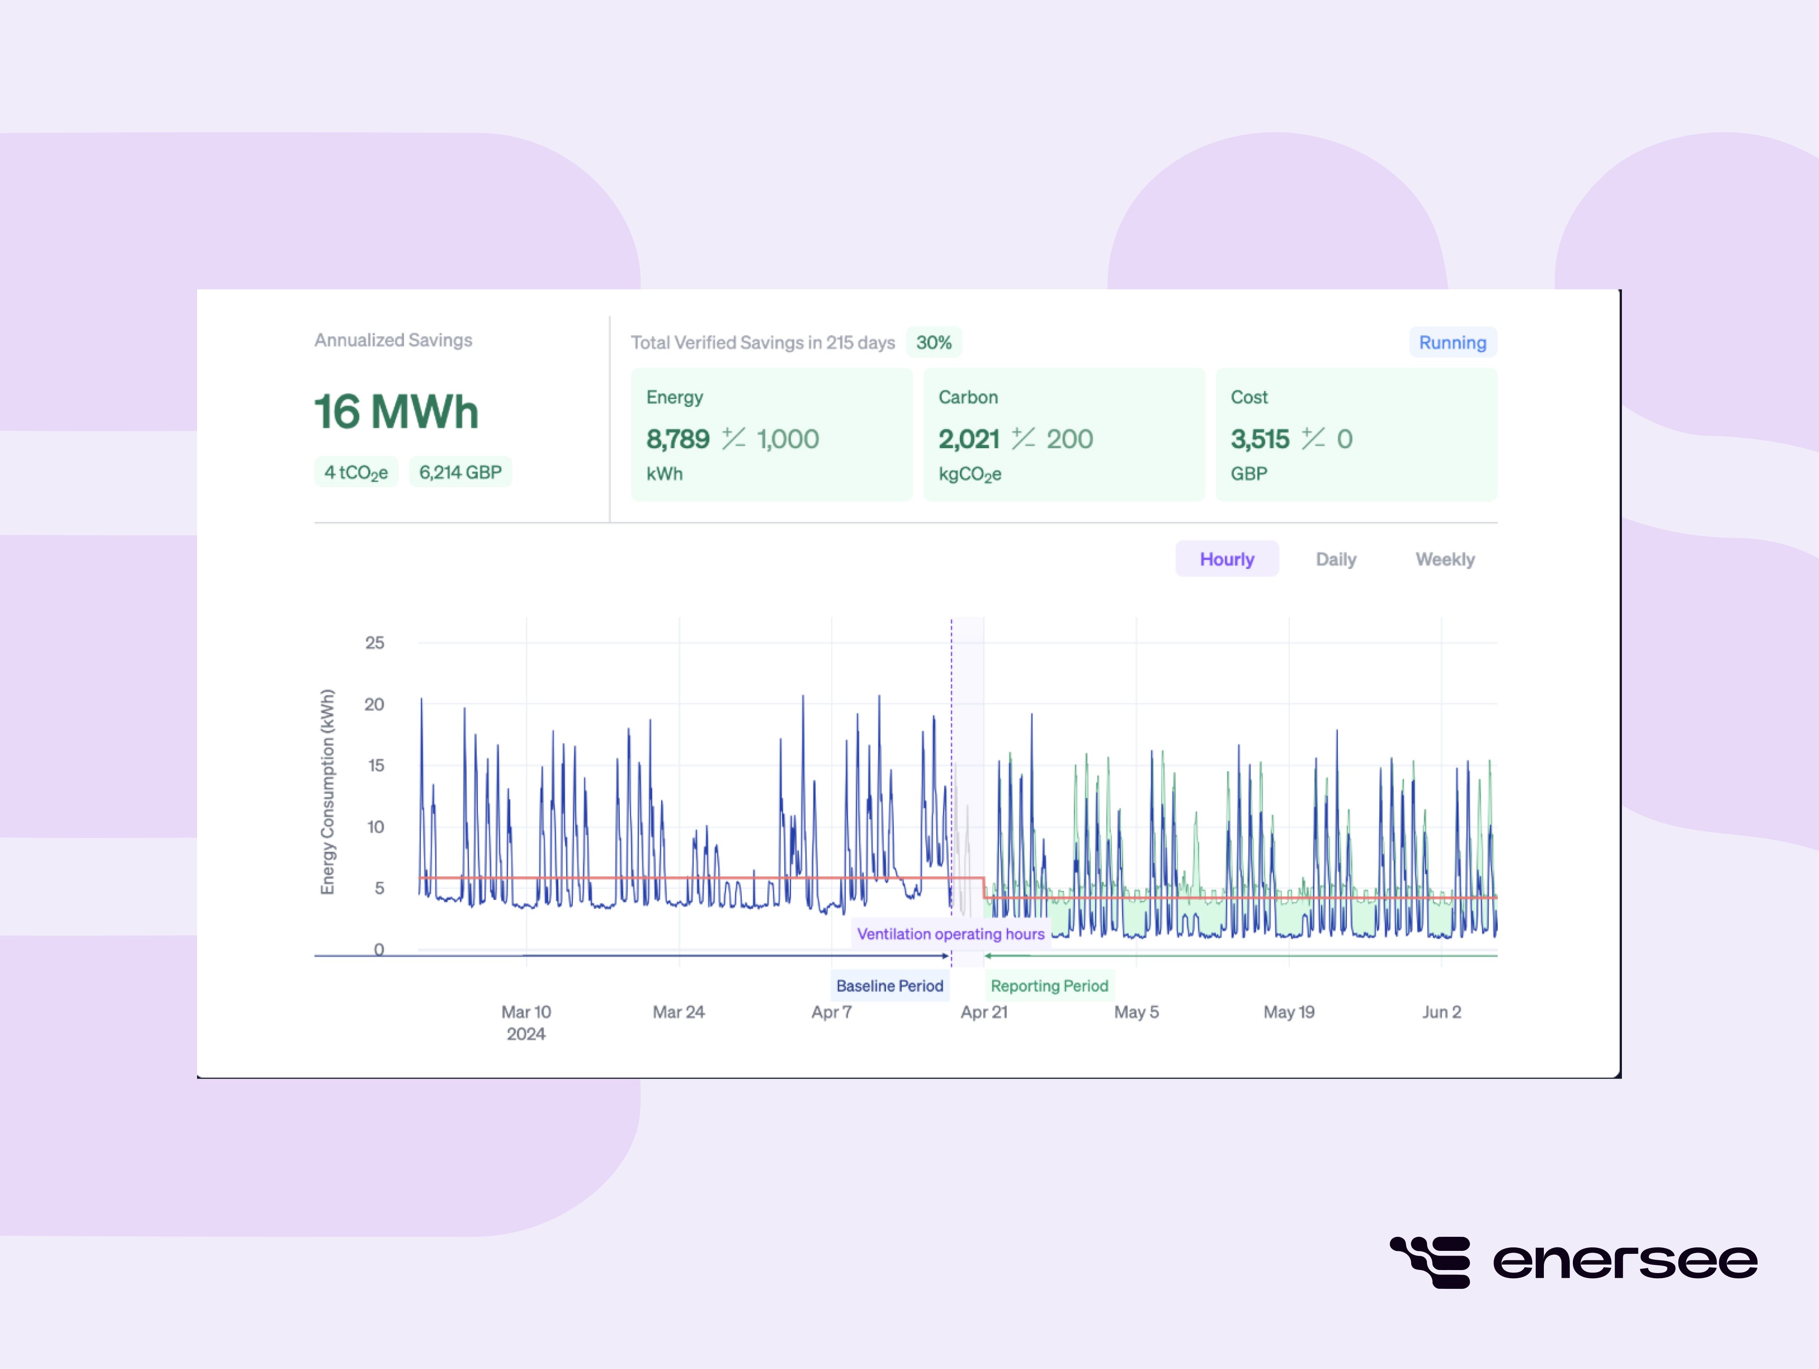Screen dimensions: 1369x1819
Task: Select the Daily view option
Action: point(1336,559)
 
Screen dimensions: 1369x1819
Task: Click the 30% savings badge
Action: point(933,342)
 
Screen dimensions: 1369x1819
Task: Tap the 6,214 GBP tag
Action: point(460,472)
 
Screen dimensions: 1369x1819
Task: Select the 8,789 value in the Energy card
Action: point(677,439)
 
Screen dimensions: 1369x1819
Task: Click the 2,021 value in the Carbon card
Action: point(969,439)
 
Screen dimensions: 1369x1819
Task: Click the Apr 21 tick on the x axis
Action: point(983,1012)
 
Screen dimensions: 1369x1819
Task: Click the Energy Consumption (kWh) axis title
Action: point(327,791)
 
